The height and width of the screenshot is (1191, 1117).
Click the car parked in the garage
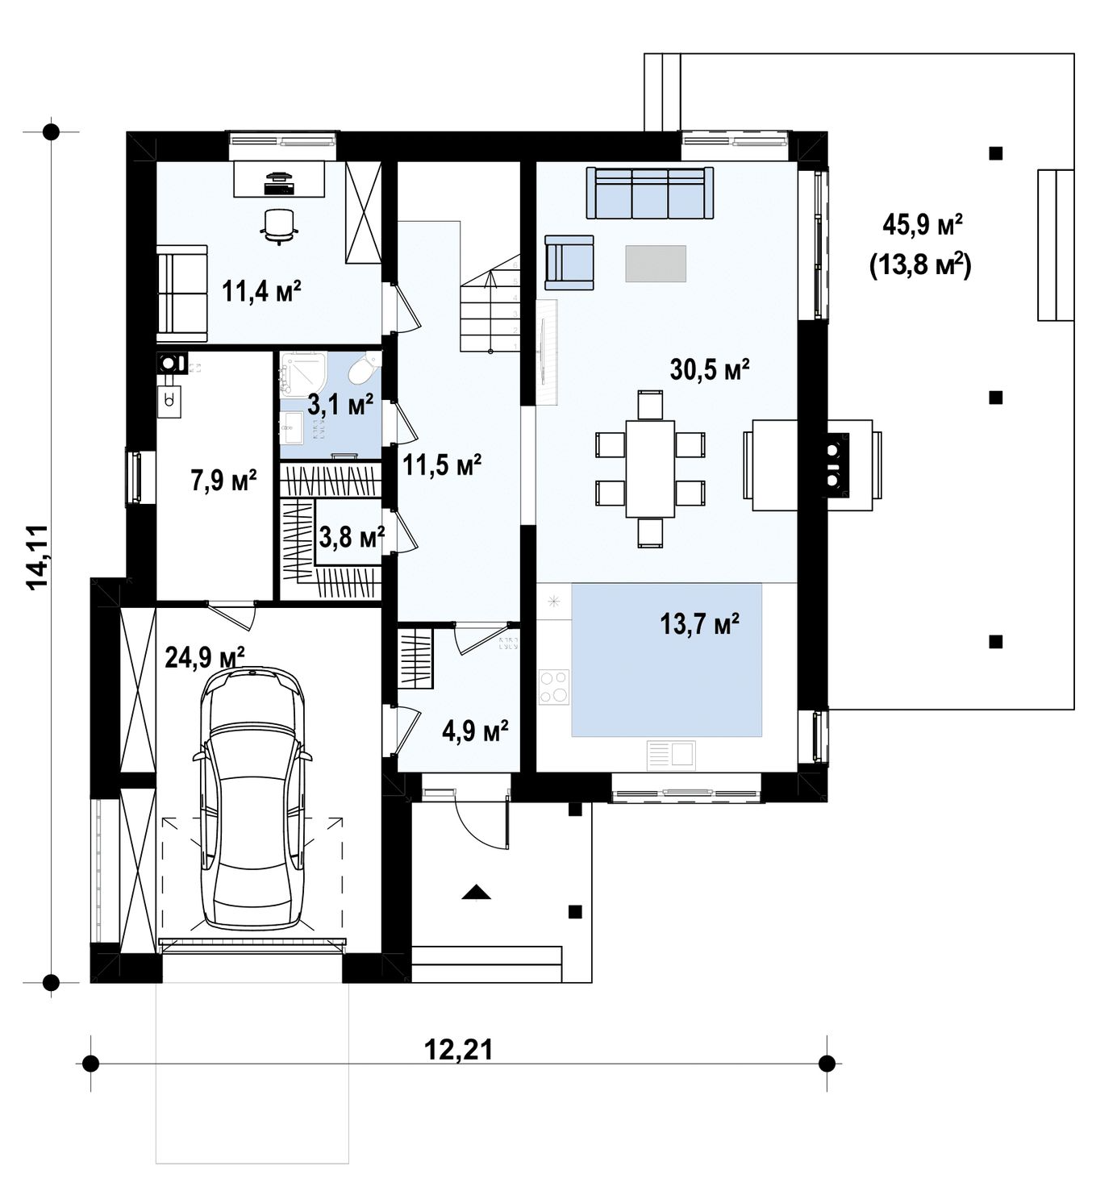click(x=252, y=800)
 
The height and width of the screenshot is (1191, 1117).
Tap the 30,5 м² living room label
click(x=710, y=369)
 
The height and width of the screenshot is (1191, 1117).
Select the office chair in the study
click(x=279, y=226)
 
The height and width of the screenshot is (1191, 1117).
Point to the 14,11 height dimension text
click(x=37, y=557)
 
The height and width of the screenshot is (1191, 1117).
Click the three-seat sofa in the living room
click(x=650, y=193)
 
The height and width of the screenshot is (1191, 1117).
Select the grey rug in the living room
click(x=656, y=263)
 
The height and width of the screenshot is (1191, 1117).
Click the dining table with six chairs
click(x=650, y=468)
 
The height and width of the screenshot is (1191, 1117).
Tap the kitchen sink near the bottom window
click(x=671, y=755)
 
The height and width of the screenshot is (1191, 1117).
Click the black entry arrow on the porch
click(x=477, y=893)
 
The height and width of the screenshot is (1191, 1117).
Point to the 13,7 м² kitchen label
click(x=699, y=623)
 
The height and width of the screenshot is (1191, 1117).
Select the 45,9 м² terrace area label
click(x=923, y=225)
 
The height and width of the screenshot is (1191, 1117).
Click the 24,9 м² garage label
click(x=205, y=657)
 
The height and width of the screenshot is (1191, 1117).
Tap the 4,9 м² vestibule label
click(x=475, y=731)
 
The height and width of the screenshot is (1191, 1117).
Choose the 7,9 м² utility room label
click(x=223, y=480)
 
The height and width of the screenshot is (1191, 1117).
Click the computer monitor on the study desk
click(x=279, y=177)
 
